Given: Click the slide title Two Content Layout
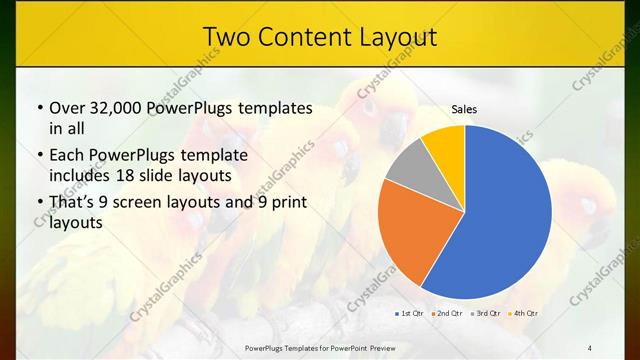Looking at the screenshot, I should tap(319, 37).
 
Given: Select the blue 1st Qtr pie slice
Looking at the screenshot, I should tap(500, 215).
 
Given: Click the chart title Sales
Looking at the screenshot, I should tap(464, 108).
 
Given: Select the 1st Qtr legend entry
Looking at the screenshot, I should tap(410, 314).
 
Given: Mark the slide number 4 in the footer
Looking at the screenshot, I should tap(590, 347).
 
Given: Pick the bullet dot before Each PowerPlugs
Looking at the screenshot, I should tap(39, 157).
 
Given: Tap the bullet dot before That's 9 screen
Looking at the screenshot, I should tap(39, 204).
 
